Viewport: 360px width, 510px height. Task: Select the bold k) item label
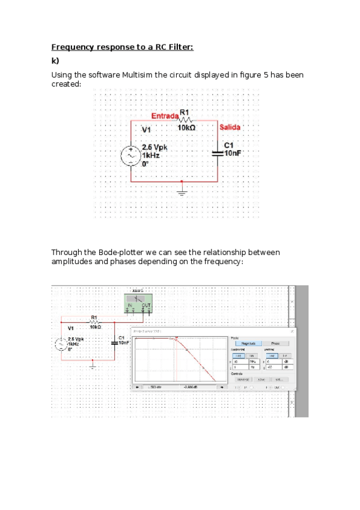55,61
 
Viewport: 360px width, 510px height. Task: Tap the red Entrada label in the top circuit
165,115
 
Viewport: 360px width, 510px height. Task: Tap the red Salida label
230,127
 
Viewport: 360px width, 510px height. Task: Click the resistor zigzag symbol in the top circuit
185,120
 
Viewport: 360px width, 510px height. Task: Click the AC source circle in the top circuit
131,156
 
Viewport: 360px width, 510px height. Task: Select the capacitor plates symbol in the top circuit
218,153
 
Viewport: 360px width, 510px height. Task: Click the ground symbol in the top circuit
181,191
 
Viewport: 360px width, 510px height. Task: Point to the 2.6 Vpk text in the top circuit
154,147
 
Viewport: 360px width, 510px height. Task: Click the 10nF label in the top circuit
232,153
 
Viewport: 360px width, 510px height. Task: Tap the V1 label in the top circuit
147,130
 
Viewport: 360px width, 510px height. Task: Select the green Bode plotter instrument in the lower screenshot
138,303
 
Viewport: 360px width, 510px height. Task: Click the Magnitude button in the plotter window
248,343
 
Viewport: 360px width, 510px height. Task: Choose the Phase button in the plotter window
276,343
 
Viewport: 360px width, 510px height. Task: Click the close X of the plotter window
292,331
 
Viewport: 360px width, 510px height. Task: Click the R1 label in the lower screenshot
93,317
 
